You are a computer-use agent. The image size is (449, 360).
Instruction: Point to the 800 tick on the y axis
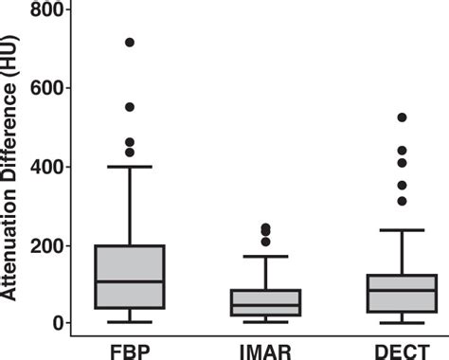[x=51, y=10]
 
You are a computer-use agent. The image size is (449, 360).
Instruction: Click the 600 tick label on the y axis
[x=51, y=88]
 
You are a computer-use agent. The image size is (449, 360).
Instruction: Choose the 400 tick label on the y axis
[x=51, y=167]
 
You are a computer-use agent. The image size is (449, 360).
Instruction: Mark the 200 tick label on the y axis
[x=51, y=245]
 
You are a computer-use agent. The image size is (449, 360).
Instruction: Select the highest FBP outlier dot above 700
[x=130, y=43]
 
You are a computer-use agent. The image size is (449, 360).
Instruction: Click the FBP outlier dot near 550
[x=130, y=107]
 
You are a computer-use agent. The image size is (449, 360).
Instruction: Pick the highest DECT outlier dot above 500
[x=402, y=117]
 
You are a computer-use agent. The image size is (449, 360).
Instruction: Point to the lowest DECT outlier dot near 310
[x=402, y=201]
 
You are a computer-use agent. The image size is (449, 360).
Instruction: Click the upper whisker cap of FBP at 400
[x=130, y=167]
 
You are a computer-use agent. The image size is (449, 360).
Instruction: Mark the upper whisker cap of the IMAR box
[x=265, y=256]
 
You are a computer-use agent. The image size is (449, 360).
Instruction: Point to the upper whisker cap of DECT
[x=402, y=230]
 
